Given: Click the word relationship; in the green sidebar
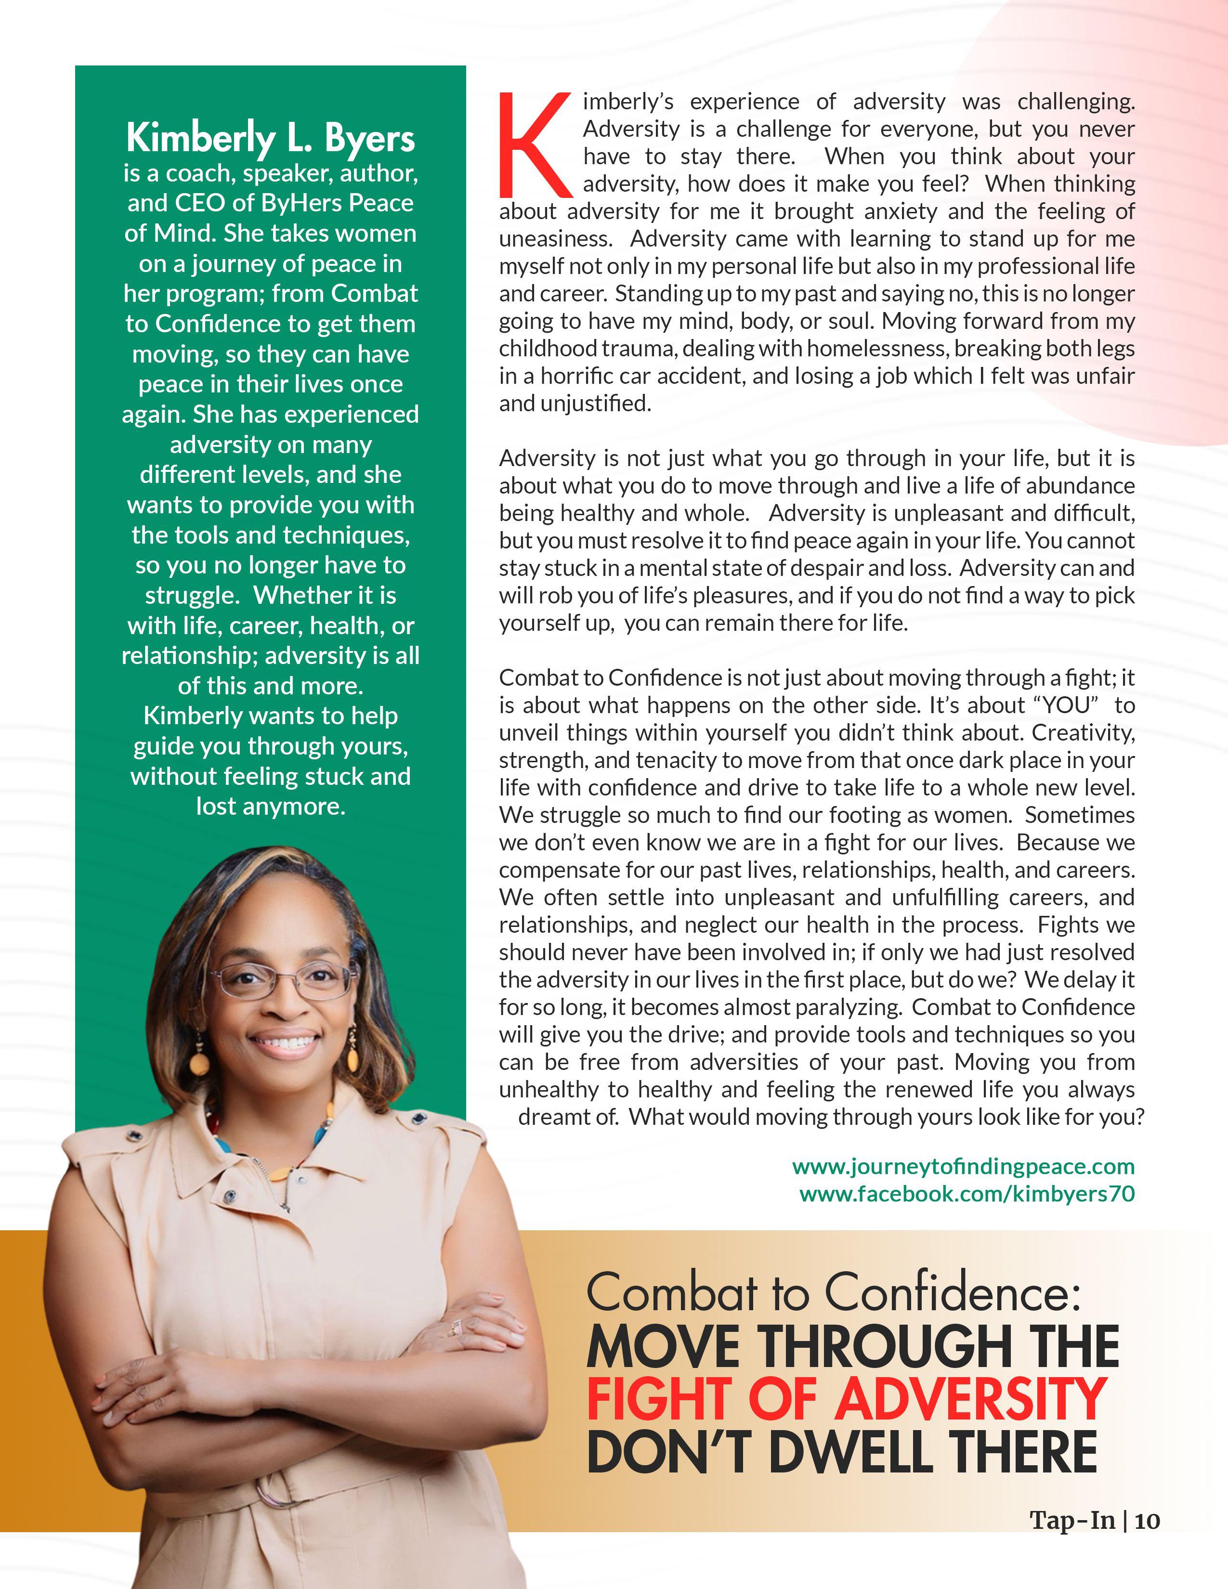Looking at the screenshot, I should coord(190,655).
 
